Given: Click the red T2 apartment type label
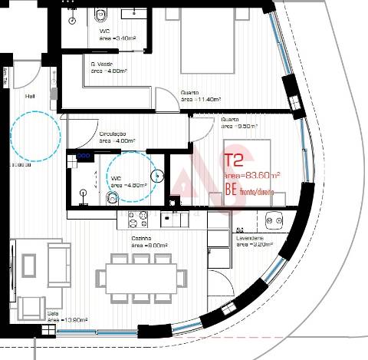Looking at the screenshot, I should pos(234,161).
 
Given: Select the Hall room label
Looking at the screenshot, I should pos(31,97).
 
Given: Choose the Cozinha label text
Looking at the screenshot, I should pos(140,239).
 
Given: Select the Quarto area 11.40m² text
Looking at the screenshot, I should pos(202,99).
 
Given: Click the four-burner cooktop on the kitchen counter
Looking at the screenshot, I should pos(138,220).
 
